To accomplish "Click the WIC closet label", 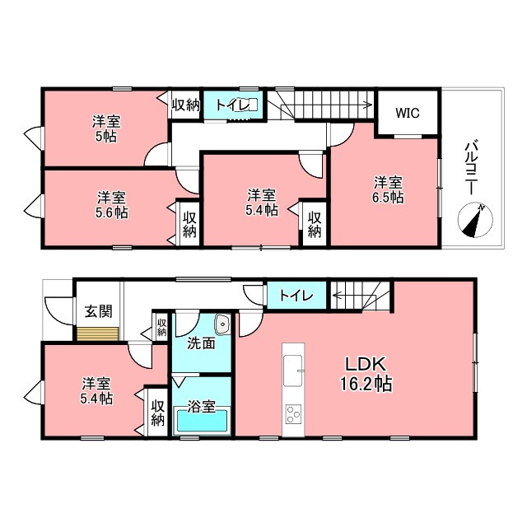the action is click(x=408, y=113).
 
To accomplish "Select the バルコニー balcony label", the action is click(x=471, y=167).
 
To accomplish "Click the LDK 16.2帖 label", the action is click(x=366, y=374).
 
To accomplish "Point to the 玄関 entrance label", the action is click(x=98, y=311).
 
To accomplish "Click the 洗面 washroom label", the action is click(x=201, y=343).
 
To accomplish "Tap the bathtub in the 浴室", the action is click(x=202, y=420).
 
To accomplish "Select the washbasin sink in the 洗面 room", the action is click(x=222, y=324).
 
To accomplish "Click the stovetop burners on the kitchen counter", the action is click(x=293, y=414).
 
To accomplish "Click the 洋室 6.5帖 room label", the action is click(x=388, y=190).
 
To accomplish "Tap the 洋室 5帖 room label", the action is click(x=106, y=128).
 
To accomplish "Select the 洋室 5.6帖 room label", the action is click(x=112, y=205).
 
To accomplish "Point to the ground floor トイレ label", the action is click(x=296, y=296).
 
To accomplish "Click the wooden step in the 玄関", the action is click(x=98, y=333).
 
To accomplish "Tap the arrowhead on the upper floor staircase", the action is click(x=369, y=105).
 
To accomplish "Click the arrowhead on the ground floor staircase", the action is click(x=335, y=296).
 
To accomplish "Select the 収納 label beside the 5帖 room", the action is click(x=186, y=105).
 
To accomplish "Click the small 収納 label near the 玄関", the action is click(x=161, y=328).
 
